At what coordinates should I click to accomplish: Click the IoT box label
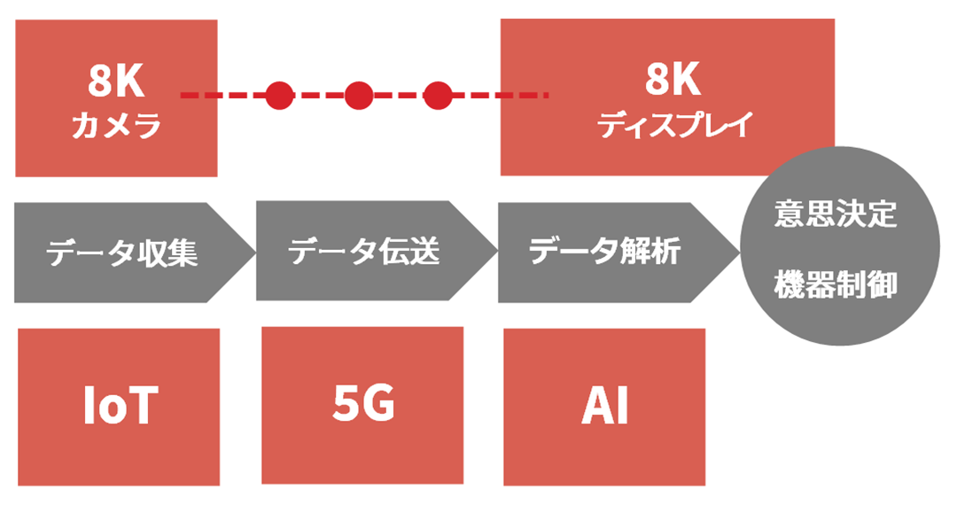121,405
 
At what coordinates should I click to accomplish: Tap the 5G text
364,403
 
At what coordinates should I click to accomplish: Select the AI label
604,405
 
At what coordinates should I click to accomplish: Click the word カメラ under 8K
116,126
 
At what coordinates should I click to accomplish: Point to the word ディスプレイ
674,124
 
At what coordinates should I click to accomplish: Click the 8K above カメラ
116,81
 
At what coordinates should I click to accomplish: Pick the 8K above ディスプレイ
673,79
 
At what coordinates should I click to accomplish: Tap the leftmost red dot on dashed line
279,95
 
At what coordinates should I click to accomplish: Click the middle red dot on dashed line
359,95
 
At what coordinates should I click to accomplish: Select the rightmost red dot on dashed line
438,95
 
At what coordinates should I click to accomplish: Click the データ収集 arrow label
122,252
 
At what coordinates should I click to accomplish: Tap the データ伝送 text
364,251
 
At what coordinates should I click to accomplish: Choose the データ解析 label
605,251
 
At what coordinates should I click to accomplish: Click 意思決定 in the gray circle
836,214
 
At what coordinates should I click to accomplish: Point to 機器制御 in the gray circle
836,284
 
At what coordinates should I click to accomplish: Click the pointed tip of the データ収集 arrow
256,252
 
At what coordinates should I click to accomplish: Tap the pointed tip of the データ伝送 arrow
498,251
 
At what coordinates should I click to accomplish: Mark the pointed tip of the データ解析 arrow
740,252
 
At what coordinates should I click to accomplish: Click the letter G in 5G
378,403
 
